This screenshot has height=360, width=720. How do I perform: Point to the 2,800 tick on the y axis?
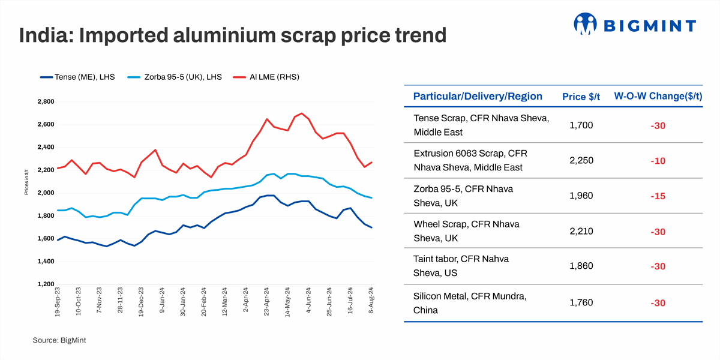point(46,102)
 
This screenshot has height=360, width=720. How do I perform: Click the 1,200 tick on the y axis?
point(46,284)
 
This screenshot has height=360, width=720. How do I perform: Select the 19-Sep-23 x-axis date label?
point(58,302)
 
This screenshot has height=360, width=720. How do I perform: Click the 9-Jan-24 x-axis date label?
point(162,304)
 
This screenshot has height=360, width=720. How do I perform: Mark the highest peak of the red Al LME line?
point(301,113)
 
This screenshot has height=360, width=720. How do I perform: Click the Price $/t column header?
point(581,97)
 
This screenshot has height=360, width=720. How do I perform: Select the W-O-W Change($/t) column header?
point(658,97)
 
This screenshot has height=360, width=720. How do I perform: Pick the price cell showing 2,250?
point(581,161)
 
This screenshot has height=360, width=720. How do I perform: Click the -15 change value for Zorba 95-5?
point(658,196)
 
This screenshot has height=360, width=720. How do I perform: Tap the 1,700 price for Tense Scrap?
point(581,126)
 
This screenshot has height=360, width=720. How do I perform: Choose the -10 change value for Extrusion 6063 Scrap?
point(658,161)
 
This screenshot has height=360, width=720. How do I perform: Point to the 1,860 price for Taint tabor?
point(581,267)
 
